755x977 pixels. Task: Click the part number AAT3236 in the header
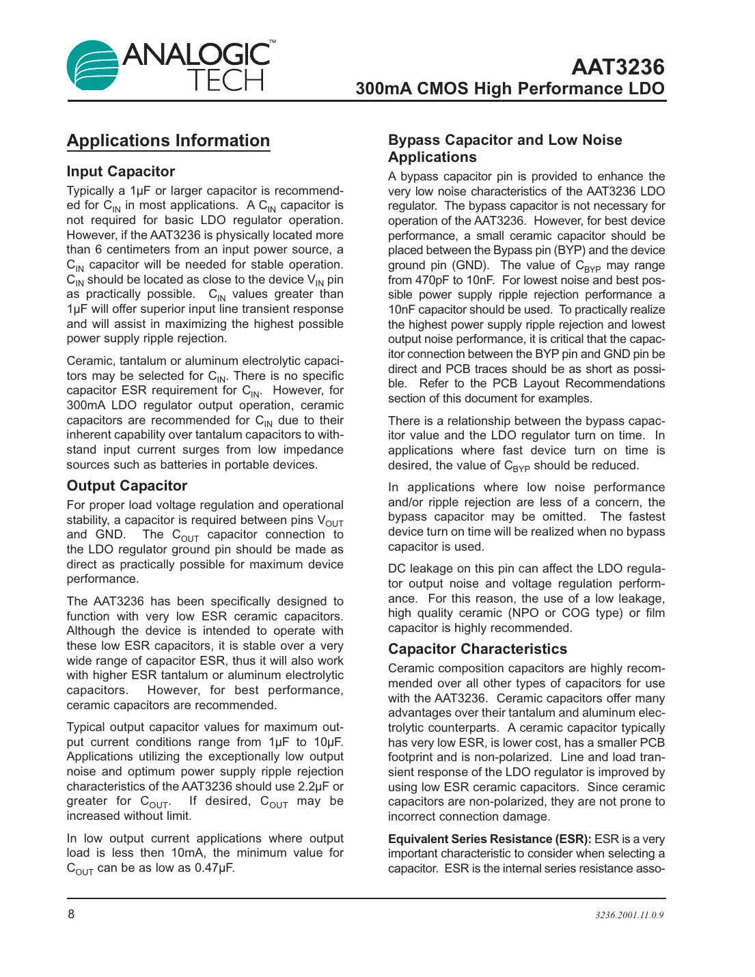pyautogui.click(x=617, y=67)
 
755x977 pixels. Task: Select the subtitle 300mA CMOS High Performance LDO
pyautogui.click(x=510, y=89)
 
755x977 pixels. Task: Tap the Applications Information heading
pyautogui.click(x=168, y=141)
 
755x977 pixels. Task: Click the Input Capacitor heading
pyautogui.click(x=121, y=171)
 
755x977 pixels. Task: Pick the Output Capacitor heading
pyautogui.click(x=127, y=486)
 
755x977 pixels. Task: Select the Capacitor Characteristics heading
pyautogui.click(x=478, y=649)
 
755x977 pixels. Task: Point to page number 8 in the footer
pyautogui.click(x=71, y=914)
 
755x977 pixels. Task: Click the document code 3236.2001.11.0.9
pyautogui.click(x=629, y=916)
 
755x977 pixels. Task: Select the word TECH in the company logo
pyautogui.click(x=225, y=81)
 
